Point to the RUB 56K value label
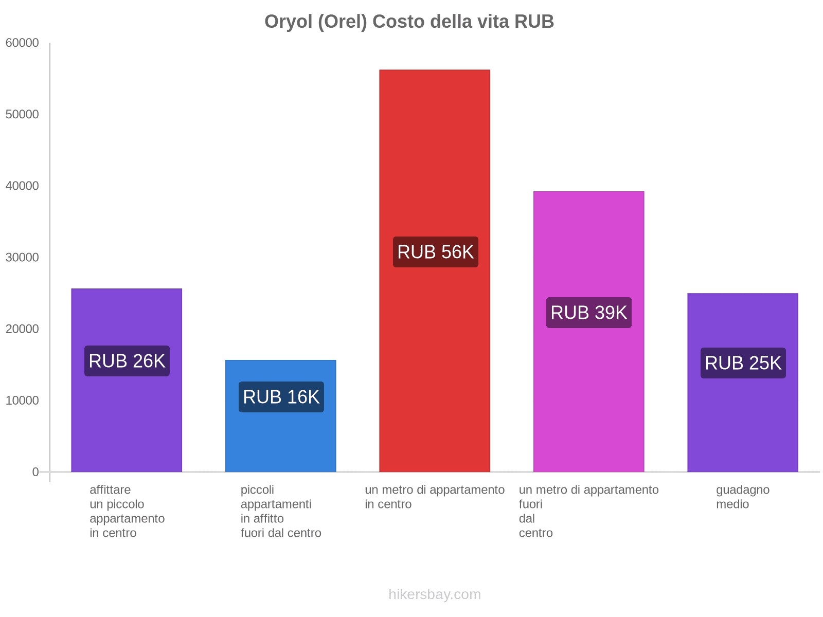click(435, 252)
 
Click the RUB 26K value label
click(127, 361)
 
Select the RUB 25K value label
click(743, 363)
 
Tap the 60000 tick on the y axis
click(23, 43)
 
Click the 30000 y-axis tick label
click(23, 258)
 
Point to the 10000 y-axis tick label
click(23, 401)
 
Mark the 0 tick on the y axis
click(35, 472)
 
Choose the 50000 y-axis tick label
click(23, 115)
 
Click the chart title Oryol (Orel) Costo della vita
click(409, 22)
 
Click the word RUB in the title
click(534, 22)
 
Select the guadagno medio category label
click(742, 497)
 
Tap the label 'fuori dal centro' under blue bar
click(281, 533)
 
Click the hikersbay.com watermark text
click(435, 594)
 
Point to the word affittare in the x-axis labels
click(110, 490)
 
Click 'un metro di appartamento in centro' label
click(435, 497)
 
